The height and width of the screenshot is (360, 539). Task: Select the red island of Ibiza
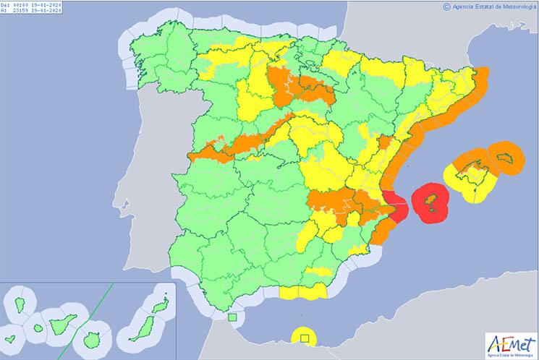[429, 200]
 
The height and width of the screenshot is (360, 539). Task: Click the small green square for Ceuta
[232, 317]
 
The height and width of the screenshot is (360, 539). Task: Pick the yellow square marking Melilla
[305, 336]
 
